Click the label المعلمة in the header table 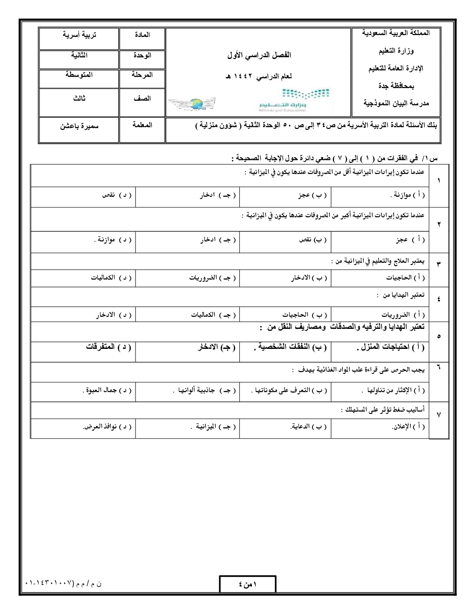click(x=142, y=125)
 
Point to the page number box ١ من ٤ click(x=247, y=585)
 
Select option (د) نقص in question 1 click(x=117, y=196)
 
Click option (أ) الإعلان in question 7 click(x=408, y=426)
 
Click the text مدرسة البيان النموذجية click(x=396, y=103)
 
